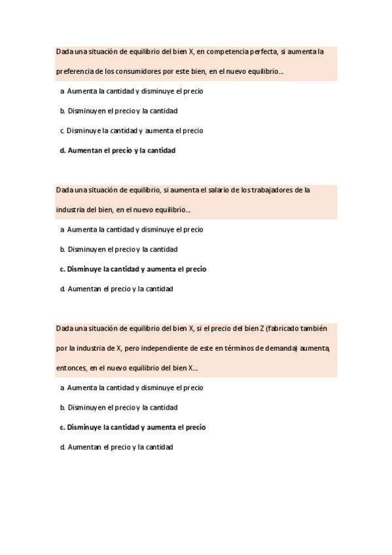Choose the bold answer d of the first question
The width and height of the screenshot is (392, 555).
coord(118,150)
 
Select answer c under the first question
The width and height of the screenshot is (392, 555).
coord(131,130)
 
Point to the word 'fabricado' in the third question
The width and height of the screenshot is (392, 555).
coord(287,328)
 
